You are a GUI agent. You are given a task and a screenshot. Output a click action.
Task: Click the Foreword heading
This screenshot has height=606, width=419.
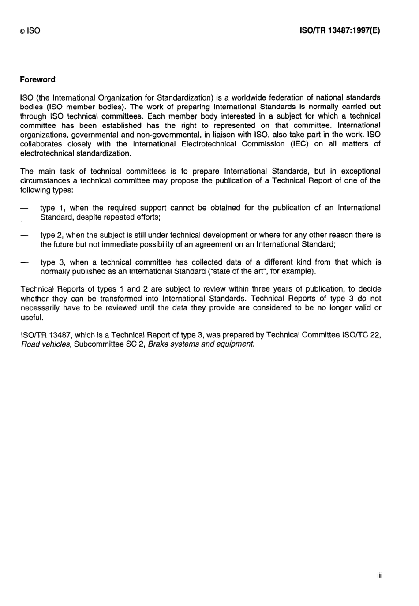point(37,80)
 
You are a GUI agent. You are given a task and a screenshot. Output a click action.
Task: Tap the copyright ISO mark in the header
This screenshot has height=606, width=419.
point(30,31)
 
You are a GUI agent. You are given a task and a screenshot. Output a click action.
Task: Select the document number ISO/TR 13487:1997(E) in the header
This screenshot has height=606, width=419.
point(340,30)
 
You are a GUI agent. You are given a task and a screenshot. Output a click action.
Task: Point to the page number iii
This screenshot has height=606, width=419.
point(379,576)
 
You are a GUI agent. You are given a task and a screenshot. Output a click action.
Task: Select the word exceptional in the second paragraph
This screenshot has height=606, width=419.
point(360,171)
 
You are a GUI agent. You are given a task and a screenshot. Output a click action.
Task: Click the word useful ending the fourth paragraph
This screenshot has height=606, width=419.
point(32,318)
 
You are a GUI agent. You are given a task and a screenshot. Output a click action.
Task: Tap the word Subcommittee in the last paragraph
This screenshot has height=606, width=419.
point(94,344)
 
